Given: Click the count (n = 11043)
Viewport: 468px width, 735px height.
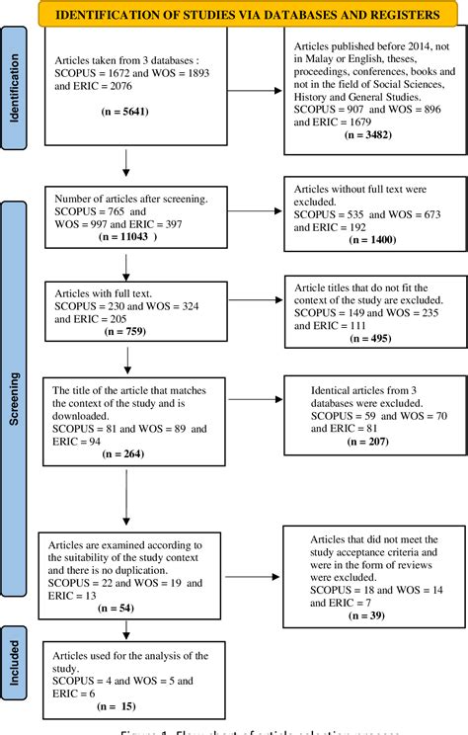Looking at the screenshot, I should (x=126, y=238).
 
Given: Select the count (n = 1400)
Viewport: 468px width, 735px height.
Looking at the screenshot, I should (x=363, y=240).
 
